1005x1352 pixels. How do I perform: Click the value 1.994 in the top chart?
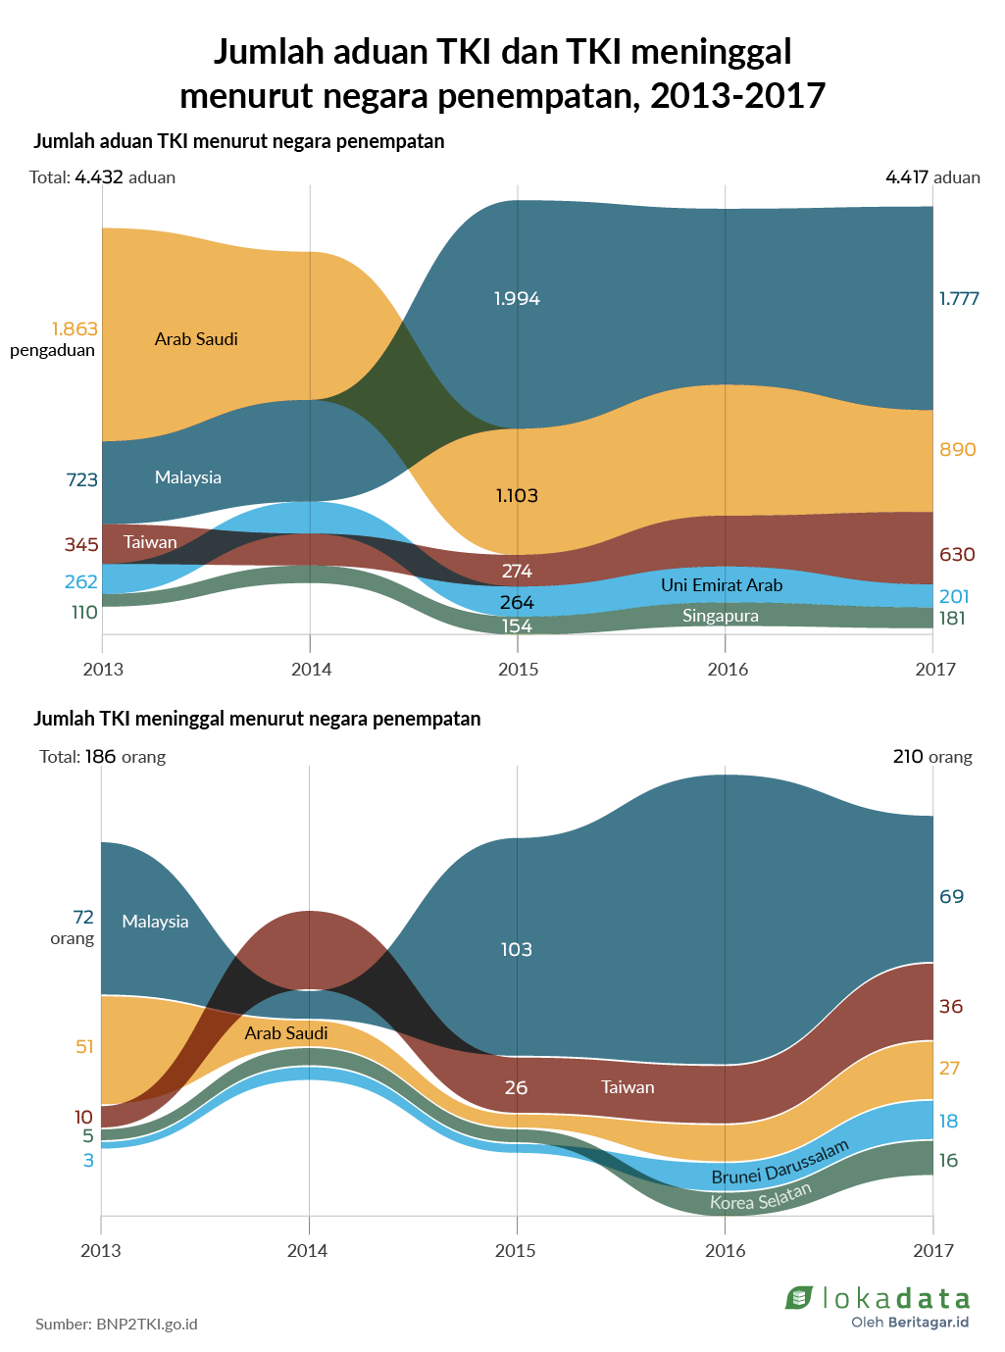click(x=517, y=299)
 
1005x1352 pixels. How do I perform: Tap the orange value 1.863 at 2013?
click(x=75, y=329)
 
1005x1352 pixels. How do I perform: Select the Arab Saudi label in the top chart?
click(x=196, y=339)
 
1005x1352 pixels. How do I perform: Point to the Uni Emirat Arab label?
click(x=722, y=585)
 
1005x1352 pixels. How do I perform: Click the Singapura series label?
click(x=721, y=616)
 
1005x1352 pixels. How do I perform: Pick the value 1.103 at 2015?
click(x=517, y=496)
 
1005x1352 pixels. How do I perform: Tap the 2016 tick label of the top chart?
click(x=728, y=670)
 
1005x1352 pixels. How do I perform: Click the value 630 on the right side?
click(x=957, y=555)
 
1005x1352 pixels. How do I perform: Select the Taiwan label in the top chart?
click(x=150, y=542)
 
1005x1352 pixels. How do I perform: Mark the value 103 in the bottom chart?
click(x=516, y=950)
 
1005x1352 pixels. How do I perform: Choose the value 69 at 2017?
click(x=951, y=897)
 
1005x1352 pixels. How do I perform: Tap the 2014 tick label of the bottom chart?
click(x=308, y=1251)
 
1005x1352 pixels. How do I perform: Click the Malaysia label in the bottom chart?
click(x=155, y=922)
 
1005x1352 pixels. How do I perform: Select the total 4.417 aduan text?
click(x=932, y=177)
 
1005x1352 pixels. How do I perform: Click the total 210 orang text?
click(x=932, y=757)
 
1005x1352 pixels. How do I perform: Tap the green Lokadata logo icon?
click(x=799, y=1298)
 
